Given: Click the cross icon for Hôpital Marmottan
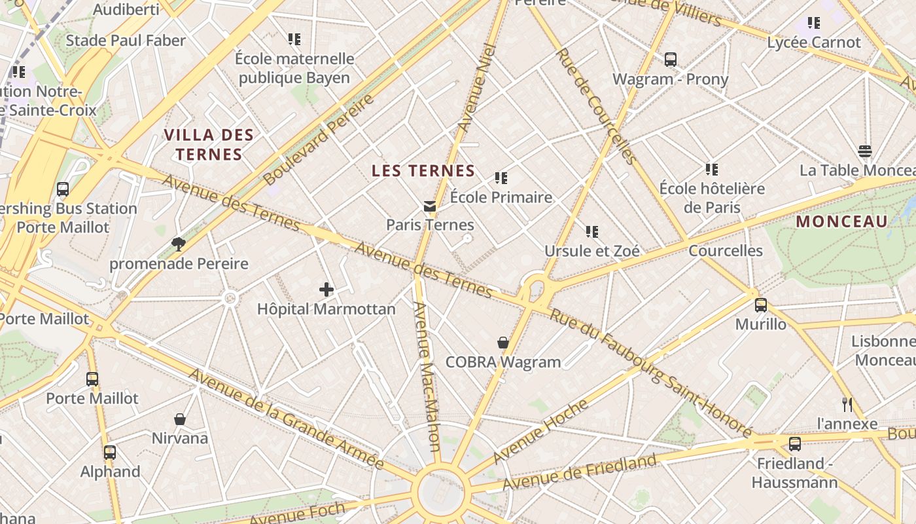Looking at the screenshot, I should tap(326, 289).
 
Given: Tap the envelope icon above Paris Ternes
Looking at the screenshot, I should tap(430, 206).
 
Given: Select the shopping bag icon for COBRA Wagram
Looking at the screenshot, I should tap(502, 343).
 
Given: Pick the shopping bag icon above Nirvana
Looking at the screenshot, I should tap(180, 419).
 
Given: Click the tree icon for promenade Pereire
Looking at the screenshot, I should tap(178, 244).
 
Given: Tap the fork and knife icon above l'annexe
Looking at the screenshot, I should tap(847, 404).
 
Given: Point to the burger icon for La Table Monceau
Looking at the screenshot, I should tap(865, 151).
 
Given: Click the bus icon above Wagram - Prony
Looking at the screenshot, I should tap(670, 60).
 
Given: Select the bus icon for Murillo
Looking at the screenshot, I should tap(760, 305).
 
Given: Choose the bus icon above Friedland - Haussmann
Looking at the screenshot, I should tap(794, 444).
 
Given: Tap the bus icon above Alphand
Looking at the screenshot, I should tap(110, 452).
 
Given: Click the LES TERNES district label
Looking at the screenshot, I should tap(423, 171).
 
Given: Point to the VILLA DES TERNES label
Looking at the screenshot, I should tap(209, 145).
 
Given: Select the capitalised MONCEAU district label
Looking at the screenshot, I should tap(841, 221).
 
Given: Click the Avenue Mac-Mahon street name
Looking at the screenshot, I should tap(427, 377).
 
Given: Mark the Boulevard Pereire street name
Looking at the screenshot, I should tap(319, 138).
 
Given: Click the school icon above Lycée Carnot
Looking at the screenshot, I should tap(813, 23).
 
